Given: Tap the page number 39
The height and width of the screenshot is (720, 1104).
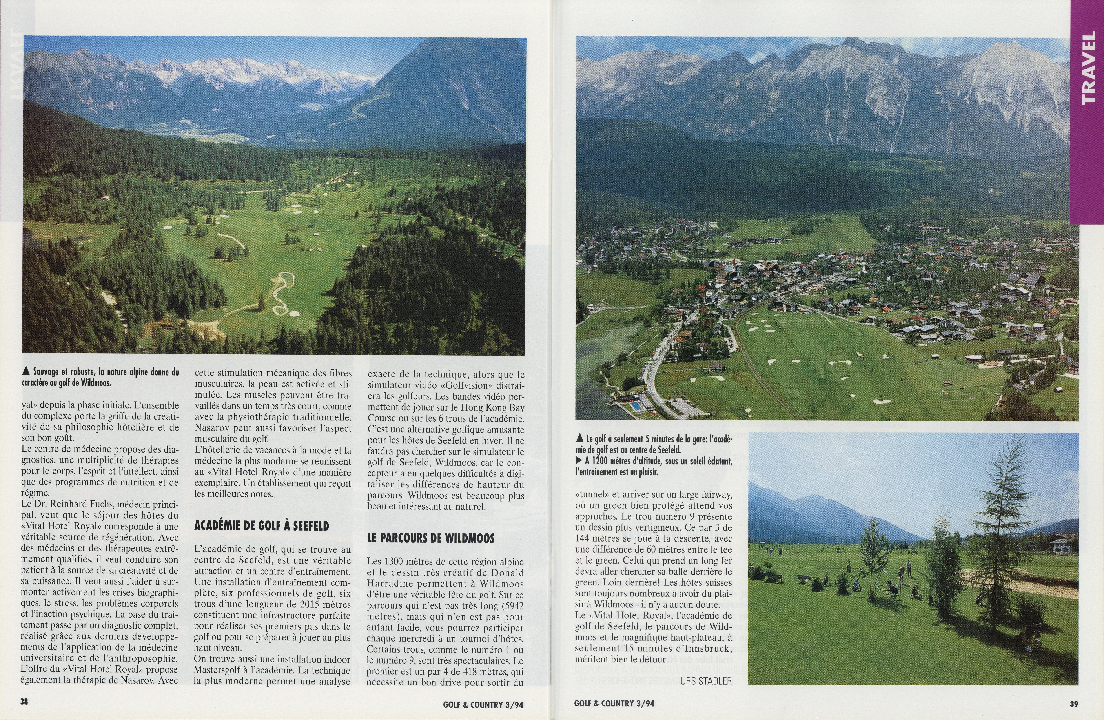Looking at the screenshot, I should point(1074,703).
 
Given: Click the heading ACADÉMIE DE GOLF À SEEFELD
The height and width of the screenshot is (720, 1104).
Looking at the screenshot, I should point(261,526).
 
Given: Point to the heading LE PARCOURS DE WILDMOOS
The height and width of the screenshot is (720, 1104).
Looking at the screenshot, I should point(430,538).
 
